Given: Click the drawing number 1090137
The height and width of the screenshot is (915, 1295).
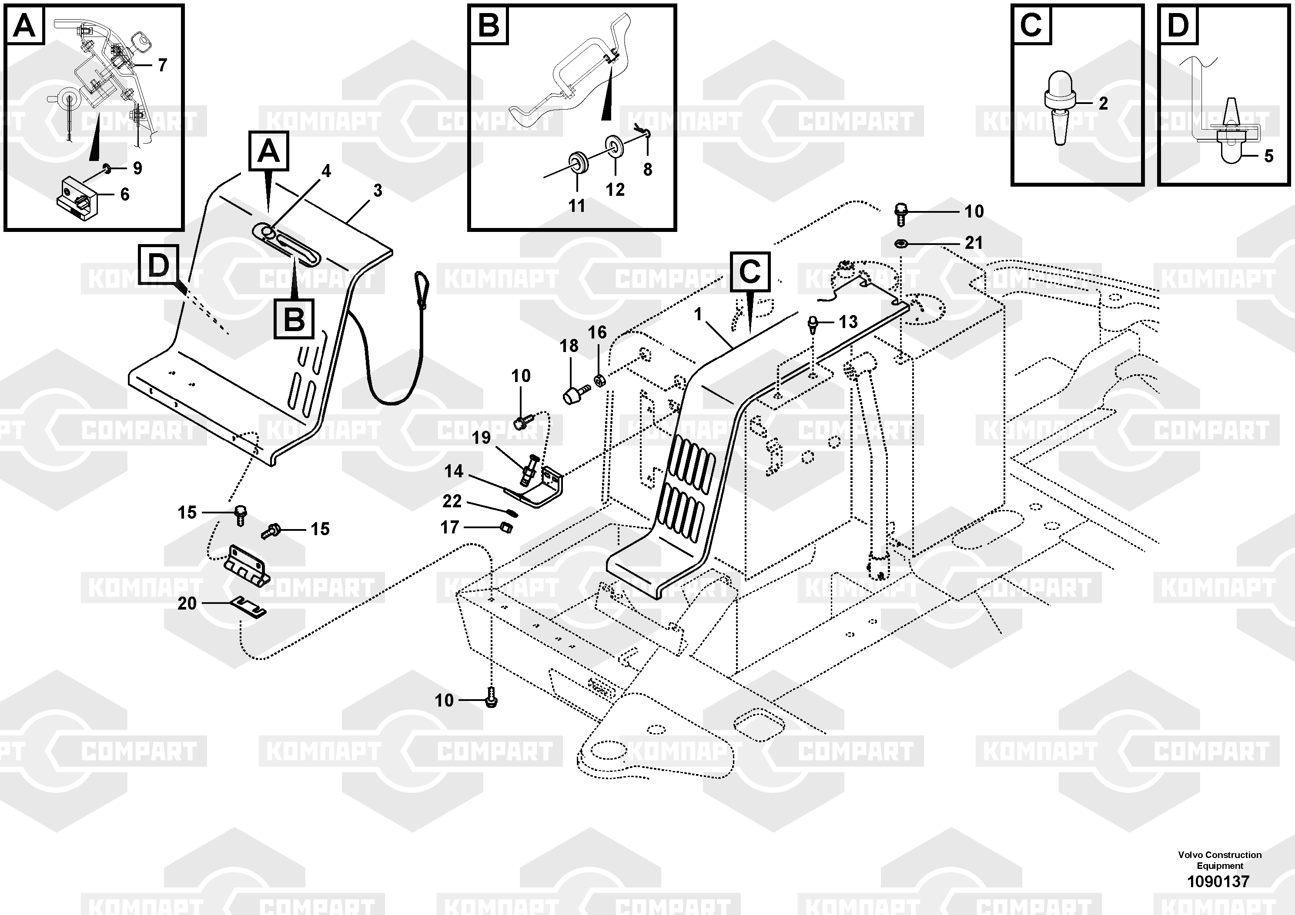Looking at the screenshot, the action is [x=1218, y=881].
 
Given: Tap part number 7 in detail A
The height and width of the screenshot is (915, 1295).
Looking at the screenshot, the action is [x=162, y=65].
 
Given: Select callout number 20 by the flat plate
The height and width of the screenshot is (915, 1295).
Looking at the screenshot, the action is [x=187, y=603].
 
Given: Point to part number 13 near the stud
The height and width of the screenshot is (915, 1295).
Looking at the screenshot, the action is [x=848, y=322].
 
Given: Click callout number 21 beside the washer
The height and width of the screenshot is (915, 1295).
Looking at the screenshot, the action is [x=974, y=243].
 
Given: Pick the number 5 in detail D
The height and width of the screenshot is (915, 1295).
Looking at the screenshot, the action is [x=1268, y=156].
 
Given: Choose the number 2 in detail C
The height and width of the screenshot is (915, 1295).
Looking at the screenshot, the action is [x=1103, y=103].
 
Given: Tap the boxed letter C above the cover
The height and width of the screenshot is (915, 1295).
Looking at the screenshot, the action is [x=750, y=272].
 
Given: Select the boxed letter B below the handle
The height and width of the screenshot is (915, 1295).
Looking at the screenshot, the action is [x=294, y=319].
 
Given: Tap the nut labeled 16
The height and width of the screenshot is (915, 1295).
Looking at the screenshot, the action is [x=599, y=381].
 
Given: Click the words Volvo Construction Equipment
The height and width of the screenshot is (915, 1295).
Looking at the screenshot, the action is [x=1219, y=860].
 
